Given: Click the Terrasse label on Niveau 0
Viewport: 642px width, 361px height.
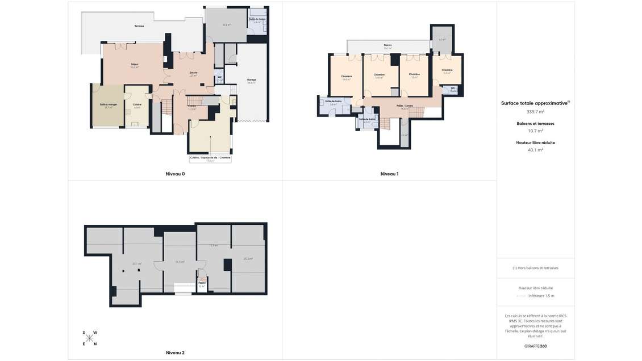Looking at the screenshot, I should click(x=139, y=26).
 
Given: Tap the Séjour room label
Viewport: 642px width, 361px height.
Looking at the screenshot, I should click(x=135, y=64).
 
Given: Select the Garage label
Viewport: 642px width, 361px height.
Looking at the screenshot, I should click(x=252, y=79).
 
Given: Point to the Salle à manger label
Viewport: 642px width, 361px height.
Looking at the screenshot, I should click(x=108, y=104).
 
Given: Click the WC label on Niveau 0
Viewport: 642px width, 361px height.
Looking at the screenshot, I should click(x=219, y=77).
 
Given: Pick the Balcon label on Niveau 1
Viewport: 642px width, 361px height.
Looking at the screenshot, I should click(x=387, y=45).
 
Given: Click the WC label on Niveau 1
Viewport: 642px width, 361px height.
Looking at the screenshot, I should click(x=453, y=88).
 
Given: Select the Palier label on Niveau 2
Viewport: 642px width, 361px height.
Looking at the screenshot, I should click(x=202, y=283).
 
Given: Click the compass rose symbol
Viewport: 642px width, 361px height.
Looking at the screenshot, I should click(x=90, y=338).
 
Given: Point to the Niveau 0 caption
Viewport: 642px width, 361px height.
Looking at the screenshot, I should click(x=175, y=174).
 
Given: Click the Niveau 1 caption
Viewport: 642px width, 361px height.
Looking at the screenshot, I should click(x=389, y=174).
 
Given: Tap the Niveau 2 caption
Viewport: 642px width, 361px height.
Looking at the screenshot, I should click(x=175, y=352).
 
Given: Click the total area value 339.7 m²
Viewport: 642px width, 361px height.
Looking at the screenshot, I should click(x=535, y=112).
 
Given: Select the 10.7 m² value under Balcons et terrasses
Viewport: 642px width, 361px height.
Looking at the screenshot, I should click(x=535, y=131).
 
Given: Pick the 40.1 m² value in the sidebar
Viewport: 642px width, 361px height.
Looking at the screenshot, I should click(x=535, y=150).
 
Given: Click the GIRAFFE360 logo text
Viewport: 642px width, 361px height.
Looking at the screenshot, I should click(x=535, y=346).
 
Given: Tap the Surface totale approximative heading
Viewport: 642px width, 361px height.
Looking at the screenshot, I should click(x=535, y=103).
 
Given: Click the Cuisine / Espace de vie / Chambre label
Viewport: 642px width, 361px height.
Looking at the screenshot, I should click(x=210, y=158).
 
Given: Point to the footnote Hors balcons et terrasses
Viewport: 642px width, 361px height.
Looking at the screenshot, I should click(x=535, y=268).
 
